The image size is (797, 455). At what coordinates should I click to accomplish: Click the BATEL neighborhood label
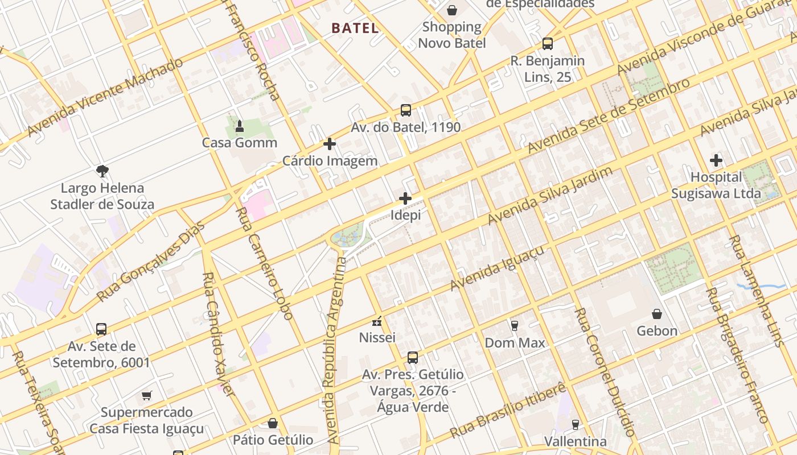tap(355, 28)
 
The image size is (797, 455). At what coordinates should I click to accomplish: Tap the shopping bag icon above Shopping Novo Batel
tap(452, 10)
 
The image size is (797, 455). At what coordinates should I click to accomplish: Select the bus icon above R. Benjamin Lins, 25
tap(547, 43)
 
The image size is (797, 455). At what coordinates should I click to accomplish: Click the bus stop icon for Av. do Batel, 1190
tap(406, 110)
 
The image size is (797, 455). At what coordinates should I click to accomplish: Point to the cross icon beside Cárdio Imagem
tap(330, 144)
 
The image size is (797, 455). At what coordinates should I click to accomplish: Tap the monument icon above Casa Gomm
tap(240, 125)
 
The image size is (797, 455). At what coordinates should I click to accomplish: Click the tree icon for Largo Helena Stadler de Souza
tap(102, 171)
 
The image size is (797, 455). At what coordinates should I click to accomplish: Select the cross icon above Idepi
tap(405, 198)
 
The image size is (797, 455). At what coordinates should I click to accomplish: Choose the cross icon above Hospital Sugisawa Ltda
tap(716, 160)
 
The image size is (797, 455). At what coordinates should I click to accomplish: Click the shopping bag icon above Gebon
tap(657, 314)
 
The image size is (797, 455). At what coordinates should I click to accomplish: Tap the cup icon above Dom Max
tap(515, 325)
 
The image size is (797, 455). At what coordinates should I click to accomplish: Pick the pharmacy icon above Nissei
tap(377, 321)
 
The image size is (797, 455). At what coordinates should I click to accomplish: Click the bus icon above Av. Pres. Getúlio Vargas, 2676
tap(413, 358)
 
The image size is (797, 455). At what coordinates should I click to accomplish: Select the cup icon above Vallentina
tap(575, 424)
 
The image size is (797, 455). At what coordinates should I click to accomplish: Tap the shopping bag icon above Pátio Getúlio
tap(273, 423)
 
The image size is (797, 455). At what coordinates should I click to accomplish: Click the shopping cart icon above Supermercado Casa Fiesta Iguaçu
tap(147, 395)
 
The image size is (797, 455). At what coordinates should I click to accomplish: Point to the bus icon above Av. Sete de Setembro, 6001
tap(101, 329)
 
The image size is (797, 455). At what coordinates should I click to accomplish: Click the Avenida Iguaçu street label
tap(497, 268)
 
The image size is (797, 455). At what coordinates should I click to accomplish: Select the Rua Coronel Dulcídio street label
tap(604, 372)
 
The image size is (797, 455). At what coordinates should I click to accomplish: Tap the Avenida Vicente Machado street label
tap(105, 97)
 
